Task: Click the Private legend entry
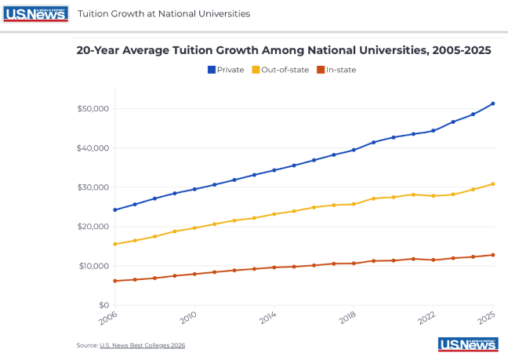coord(226,70)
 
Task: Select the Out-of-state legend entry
coord(280,70)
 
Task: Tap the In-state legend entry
coord(336,70)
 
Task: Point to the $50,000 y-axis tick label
coord(93,108)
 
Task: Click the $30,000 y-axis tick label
coord(93,187)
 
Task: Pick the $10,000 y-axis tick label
coord(93,266)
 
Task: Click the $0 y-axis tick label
coord(102,305)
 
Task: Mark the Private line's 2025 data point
coord(493,104)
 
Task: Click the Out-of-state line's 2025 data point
coord(493,184)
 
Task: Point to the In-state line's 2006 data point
coord(115,281)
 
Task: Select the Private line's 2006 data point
coord(115,209)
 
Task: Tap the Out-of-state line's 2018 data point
coord(354,204)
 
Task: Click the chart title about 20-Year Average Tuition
coord(284,50)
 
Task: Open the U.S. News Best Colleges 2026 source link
coord(142,345)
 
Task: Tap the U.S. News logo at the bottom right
coord(468,345)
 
